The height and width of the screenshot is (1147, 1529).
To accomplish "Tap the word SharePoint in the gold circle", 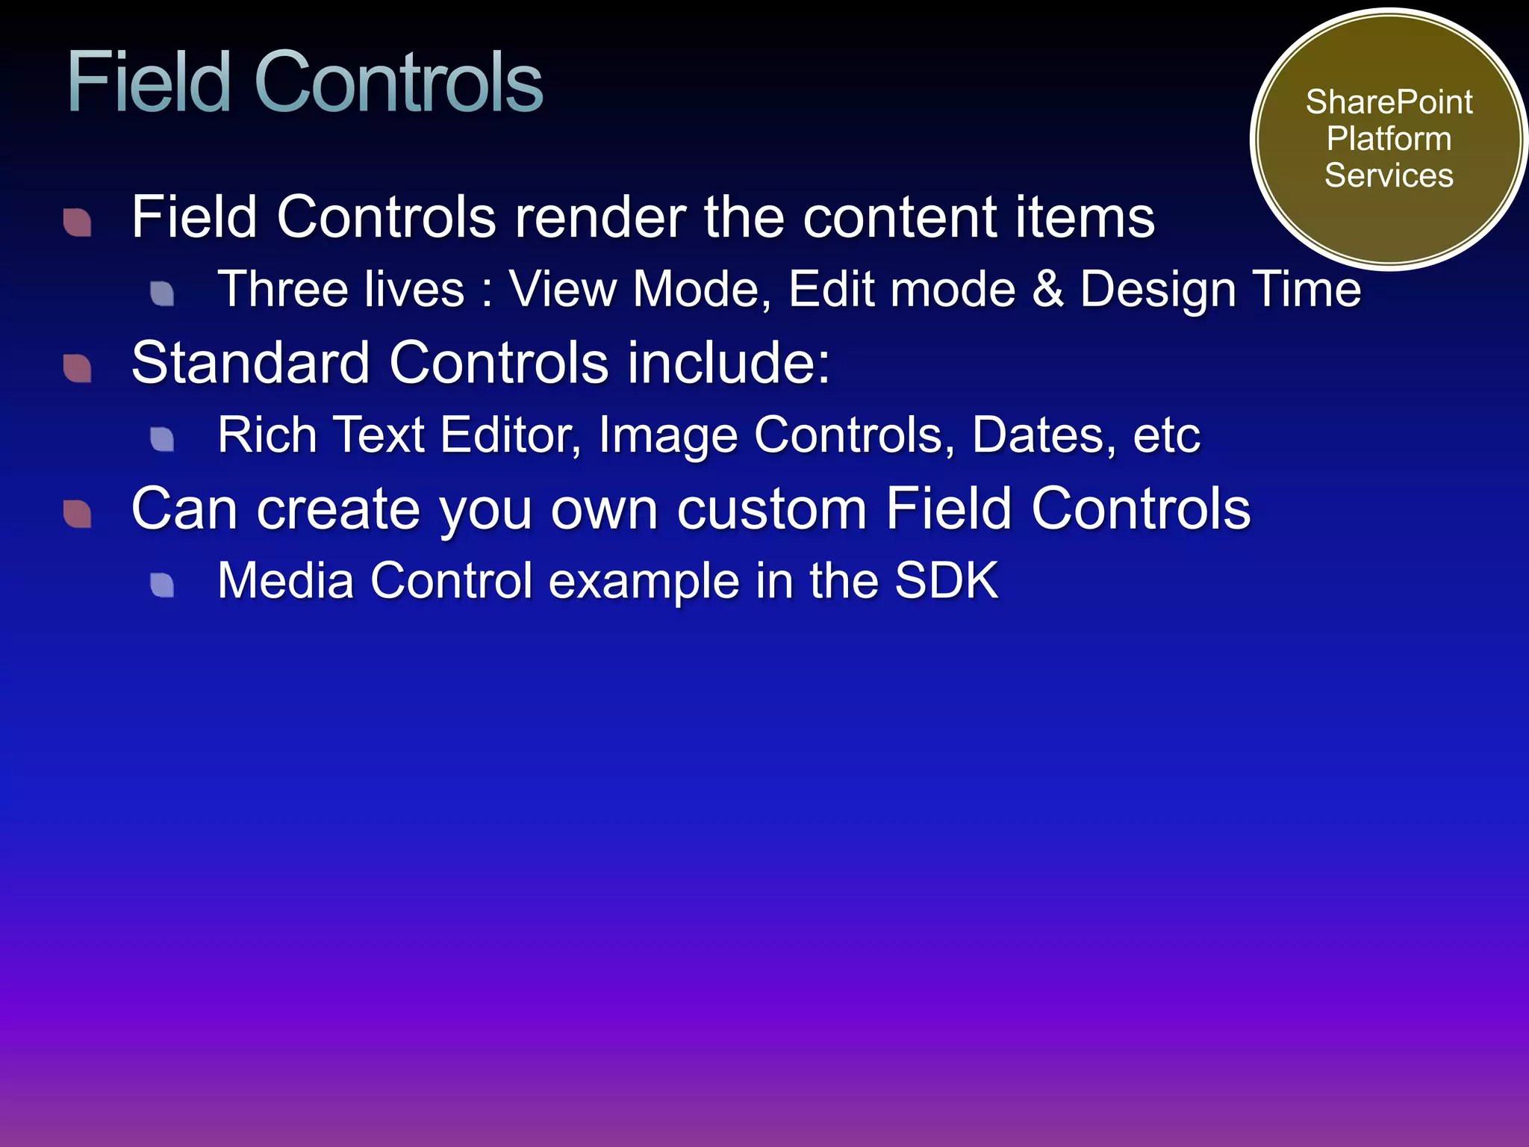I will (x=1389, y=102).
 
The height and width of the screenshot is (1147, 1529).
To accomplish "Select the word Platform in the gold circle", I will (x=1389, y=140).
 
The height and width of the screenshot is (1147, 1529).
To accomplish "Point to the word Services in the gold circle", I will (x=1389, y=176).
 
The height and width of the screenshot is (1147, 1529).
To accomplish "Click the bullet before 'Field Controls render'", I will (x=78, y=222).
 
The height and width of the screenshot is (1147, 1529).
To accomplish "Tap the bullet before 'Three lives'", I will (x=162, y=293).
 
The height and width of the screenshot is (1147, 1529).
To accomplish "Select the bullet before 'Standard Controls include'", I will (x=78, y=367).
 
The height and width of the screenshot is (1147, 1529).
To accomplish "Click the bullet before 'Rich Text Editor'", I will (x=162, y=438).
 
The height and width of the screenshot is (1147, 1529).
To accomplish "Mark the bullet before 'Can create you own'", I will (x=78, y=513).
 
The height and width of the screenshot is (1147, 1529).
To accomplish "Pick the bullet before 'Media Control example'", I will (x=162, y=584).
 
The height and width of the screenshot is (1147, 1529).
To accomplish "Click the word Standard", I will (x=250, y=363).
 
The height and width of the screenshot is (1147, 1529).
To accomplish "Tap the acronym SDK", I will (x=946, y=580).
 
